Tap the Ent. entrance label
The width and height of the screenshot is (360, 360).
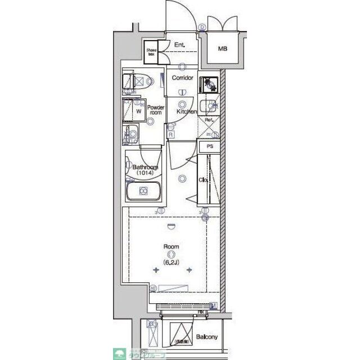pos(180,45)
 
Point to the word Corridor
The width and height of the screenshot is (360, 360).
pos(183,78)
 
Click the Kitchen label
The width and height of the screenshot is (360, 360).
pos(186,112)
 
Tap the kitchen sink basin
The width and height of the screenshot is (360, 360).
pos(210,105)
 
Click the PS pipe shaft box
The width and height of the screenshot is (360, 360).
pos(210,146)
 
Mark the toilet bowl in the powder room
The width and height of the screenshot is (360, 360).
pos(137,82)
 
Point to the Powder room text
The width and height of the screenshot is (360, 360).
pos(156,110)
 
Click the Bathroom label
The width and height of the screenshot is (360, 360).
pos(145,167)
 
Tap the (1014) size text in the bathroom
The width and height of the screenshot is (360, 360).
pos(145,174)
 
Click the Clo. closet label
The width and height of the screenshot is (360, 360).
pos(204,180)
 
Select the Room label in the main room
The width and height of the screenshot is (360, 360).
pos(172,246)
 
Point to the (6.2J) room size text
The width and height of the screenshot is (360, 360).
pos(172,262)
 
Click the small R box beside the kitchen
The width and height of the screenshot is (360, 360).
pos(170,134)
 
